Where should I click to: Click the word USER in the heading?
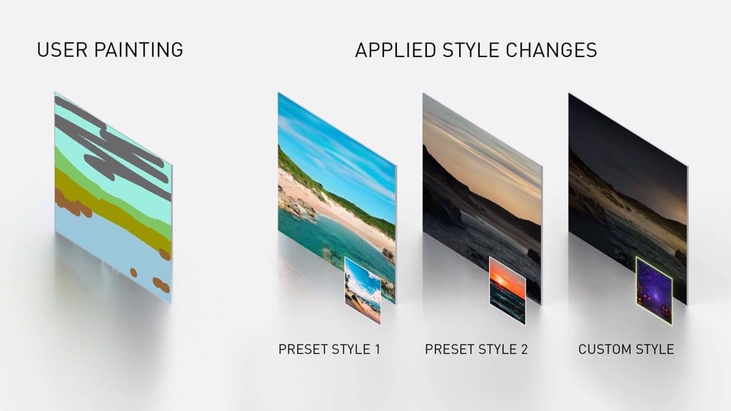pos(61,50)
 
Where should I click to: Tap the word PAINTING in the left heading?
pos(139,50)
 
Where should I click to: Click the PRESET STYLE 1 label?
pos(329,349)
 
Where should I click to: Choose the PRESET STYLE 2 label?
pos(476,349)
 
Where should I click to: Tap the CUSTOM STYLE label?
pos(626,349)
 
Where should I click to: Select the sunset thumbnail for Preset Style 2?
pos(508,290)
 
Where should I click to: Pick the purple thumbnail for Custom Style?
pos(654,290)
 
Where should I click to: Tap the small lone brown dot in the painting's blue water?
pos(133,272)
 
